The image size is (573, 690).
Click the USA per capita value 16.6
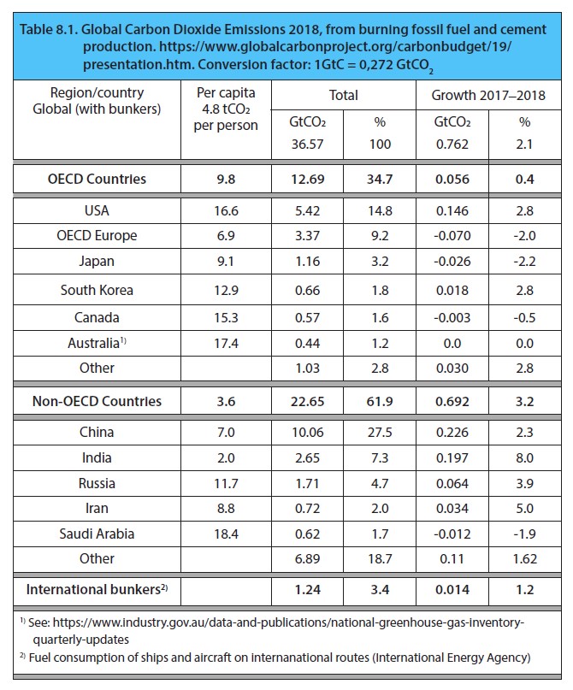[227, 209]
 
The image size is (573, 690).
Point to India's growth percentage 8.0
[524, 457]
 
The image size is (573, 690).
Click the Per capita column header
[227, 109]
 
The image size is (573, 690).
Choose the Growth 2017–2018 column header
[488, 95]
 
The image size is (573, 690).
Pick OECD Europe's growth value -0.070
[451, 235]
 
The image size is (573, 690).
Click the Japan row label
[97, 262]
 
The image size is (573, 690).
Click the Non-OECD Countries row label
[97, 400]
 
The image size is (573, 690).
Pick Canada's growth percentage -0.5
[524, 316]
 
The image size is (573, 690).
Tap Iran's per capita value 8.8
[227, 508]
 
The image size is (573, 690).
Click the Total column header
[344, 95]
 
